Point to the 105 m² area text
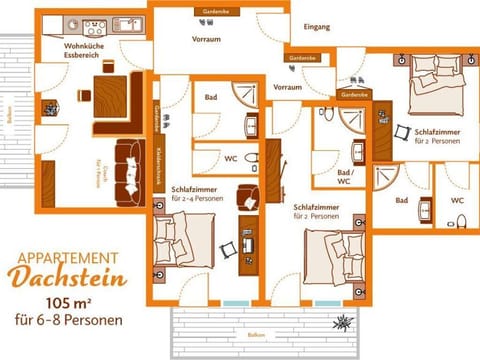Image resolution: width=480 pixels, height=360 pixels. (69, 303)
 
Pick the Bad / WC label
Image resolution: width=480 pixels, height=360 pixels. (342, 176)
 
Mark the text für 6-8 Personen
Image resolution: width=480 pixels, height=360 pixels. (69, 322)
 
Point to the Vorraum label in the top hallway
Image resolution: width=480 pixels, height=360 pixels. (206, 38)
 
